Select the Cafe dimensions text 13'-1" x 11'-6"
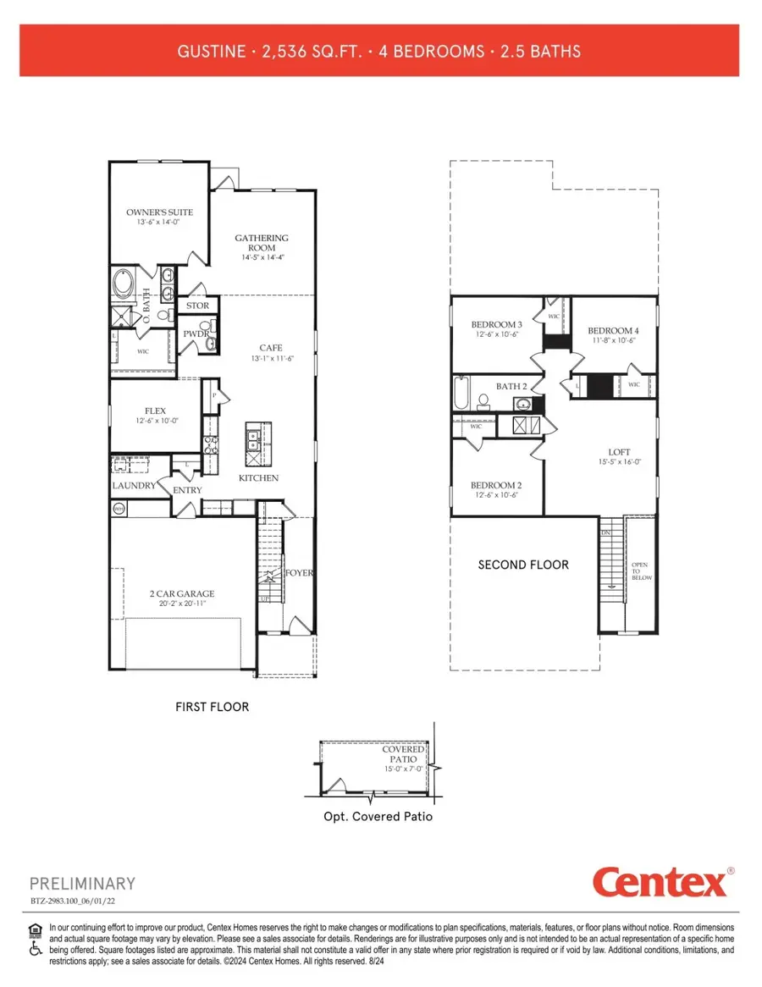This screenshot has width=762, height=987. [270, 359]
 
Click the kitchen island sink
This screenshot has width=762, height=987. [252, 439]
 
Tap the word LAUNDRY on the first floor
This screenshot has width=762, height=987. [134, 486]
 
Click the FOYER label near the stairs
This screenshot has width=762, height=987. [299, 573]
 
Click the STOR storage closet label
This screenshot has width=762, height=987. [197, 306]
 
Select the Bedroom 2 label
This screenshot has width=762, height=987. [496, 485]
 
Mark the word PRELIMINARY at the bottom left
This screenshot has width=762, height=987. [82, 884]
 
